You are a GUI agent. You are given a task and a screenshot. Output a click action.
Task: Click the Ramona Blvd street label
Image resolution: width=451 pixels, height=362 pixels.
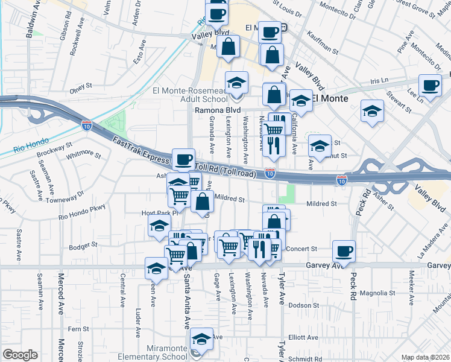point(217,110)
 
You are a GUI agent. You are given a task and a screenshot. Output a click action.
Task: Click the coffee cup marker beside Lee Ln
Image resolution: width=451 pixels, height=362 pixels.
point(430,86)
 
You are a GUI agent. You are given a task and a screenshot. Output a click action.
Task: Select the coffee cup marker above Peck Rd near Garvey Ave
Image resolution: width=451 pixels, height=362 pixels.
point(344,250)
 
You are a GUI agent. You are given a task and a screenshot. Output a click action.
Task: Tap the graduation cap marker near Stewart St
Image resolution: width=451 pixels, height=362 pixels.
point(372,111)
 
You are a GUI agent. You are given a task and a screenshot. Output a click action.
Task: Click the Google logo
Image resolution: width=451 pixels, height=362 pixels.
point(20,355)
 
